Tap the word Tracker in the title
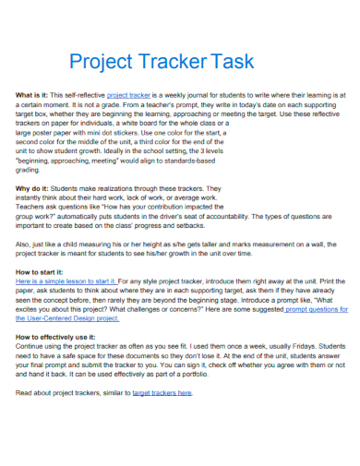tap(171, 62)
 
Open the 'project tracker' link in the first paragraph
tap(129, 95)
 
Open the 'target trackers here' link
tap(162, 392)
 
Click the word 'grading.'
tap(29, 169)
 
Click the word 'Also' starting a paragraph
tap(25, 244)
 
